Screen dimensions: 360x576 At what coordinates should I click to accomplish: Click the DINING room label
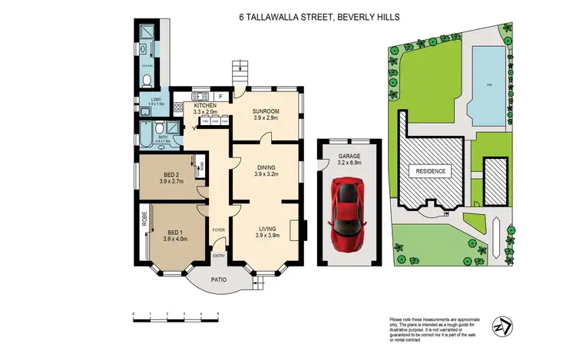click(x=266, y=170)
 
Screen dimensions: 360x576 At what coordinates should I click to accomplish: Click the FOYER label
click(x=218, y=229)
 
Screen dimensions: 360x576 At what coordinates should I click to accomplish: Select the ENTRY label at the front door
click(x=219, y=256)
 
